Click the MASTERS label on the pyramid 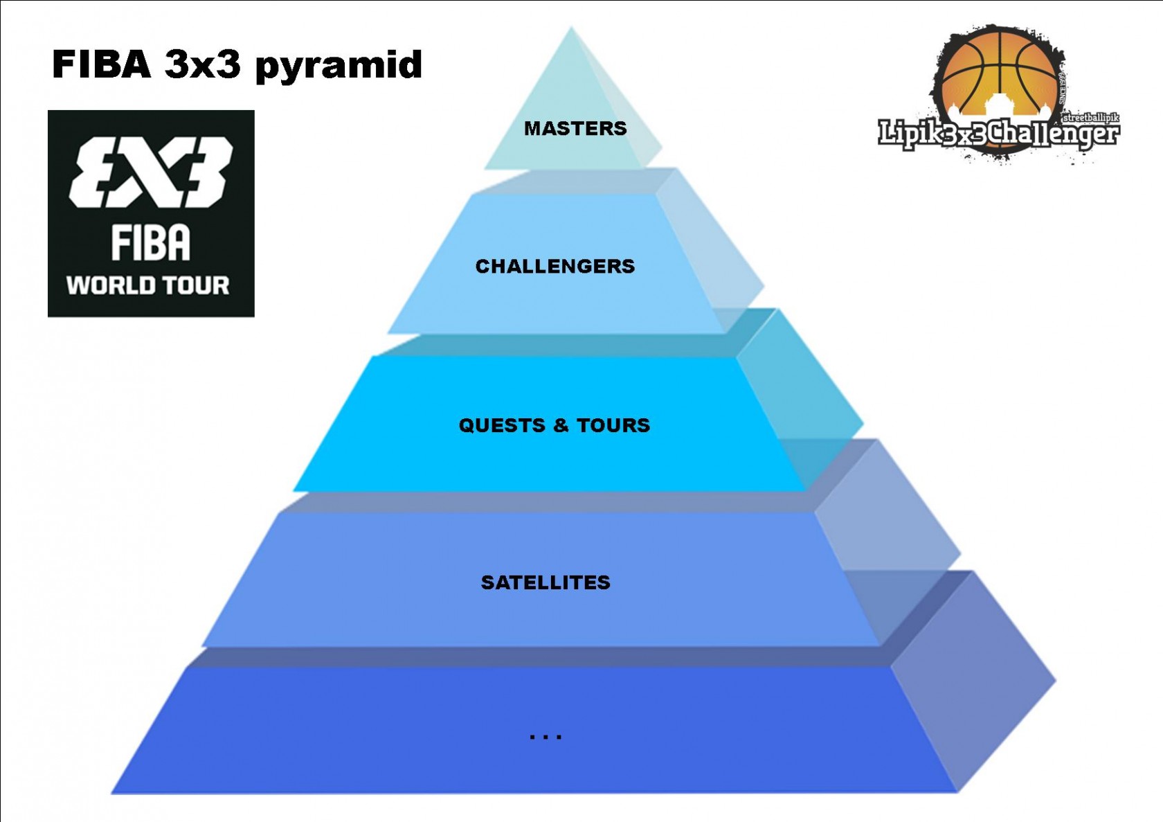(575, 128)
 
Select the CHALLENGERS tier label (555, 266)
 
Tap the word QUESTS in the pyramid (502, 425)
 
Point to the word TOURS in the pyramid (613, 425)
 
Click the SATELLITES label (546, 582)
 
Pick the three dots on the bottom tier (546, 737)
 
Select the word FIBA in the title (101, 64)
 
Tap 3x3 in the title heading (203, 64)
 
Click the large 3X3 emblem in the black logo (151, 172)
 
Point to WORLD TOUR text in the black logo (147, 285)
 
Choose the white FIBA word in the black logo (150, 243)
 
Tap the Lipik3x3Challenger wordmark (998, 134)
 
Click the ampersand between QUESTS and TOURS (560, 425)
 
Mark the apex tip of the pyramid (571, 29)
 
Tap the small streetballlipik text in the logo (1090, 118)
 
